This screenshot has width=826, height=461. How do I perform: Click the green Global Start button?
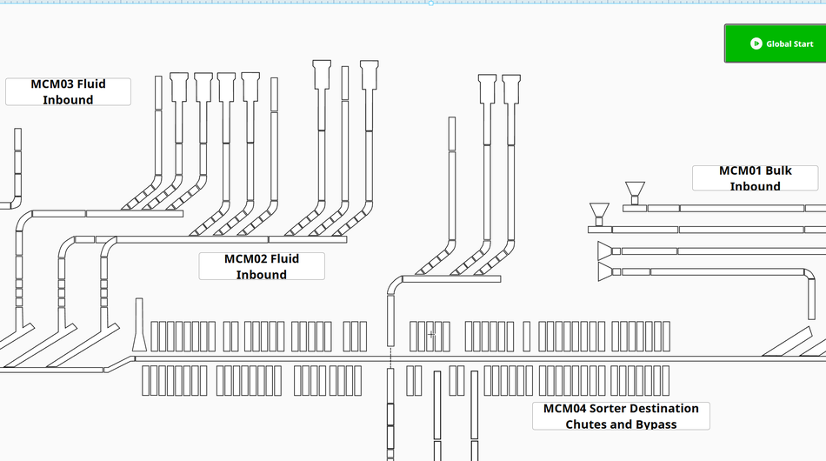pos(774,43)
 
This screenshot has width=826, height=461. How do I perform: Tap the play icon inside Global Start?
pos(756,43)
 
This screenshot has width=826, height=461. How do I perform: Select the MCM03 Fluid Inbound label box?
pos(68,91)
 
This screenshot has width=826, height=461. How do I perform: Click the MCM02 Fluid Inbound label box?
pos(261,266)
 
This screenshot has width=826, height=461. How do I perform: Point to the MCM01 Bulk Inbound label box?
pos(755,178)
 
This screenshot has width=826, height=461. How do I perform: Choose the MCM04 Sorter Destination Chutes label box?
pos(621,416)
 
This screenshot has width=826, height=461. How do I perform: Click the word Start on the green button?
pos(803,43)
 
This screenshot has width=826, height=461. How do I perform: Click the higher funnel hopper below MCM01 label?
pos(635,190)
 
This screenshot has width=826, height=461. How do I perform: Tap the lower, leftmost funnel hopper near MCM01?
pos(599,212)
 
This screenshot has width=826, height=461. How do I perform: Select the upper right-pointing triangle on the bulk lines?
pos(605,251)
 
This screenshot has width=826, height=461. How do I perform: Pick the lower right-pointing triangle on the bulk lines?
pos(605,272)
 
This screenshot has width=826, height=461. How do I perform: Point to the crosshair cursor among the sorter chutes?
pos(431,334)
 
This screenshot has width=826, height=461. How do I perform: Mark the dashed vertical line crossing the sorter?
pos(390,357)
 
